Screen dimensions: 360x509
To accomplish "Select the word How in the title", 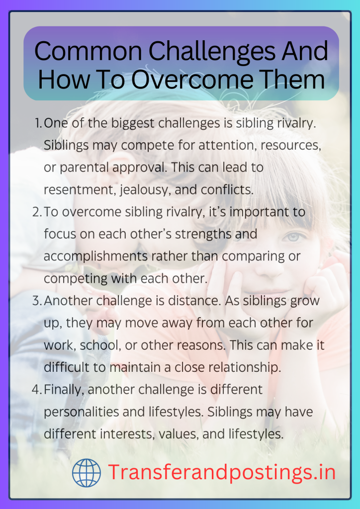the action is click(61, 80).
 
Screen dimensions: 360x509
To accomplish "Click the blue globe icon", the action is click(87, 473).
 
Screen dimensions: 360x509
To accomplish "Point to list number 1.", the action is click(38, 124).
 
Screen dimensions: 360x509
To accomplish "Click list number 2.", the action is click(37, 213).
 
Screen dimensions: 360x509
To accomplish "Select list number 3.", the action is click(37, 301).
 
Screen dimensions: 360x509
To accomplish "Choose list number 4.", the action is click(37, 390).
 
